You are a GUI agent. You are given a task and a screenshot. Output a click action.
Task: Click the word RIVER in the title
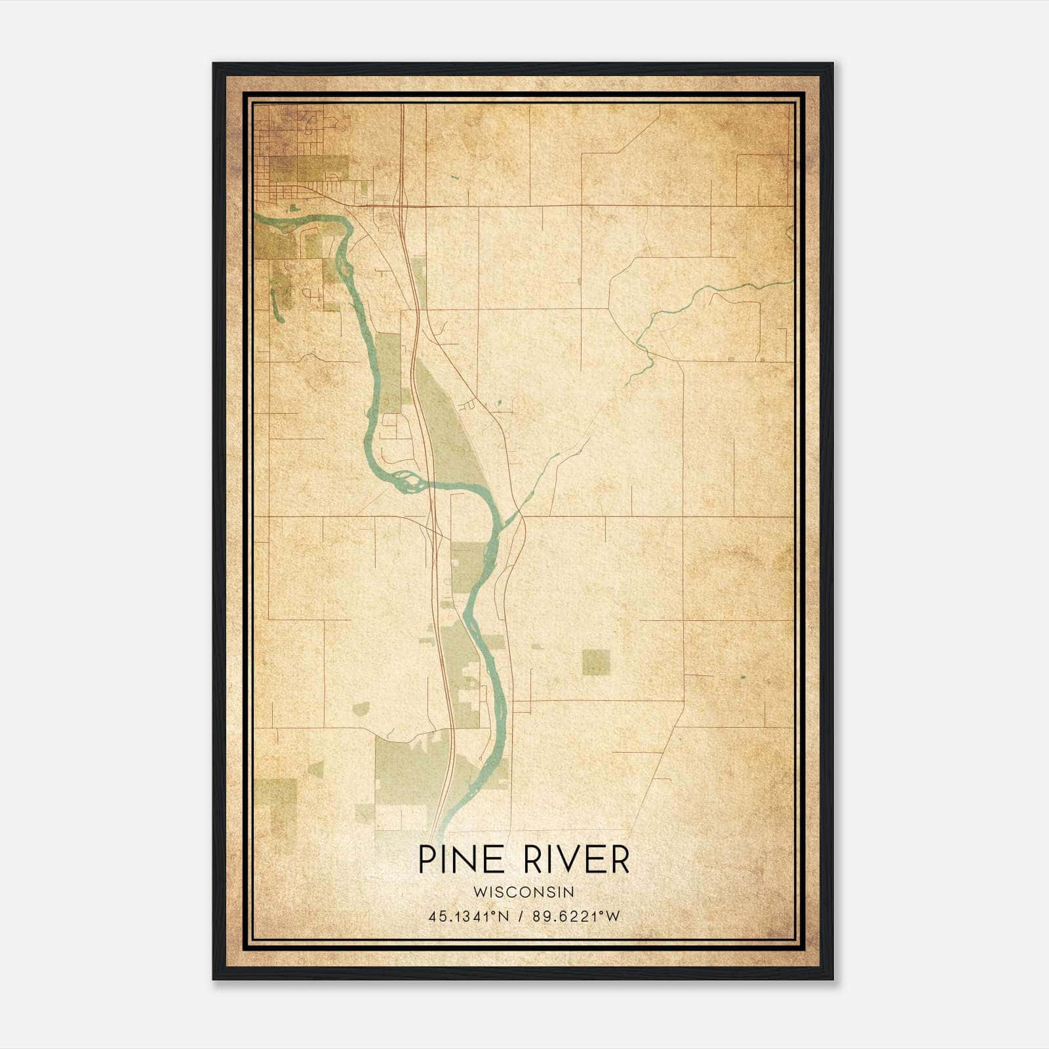pos(576,860)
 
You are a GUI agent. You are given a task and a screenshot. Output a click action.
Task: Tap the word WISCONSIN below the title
pos(523,892)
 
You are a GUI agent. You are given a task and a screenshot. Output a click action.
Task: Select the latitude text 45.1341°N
pos(469,917)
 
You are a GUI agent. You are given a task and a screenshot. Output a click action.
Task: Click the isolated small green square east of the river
pos(595,662)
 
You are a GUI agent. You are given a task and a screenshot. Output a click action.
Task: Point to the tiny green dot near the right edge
pos(743,676)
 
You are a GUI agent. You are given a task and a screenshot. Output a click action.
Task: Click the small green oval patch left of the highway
pos(361,708)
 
